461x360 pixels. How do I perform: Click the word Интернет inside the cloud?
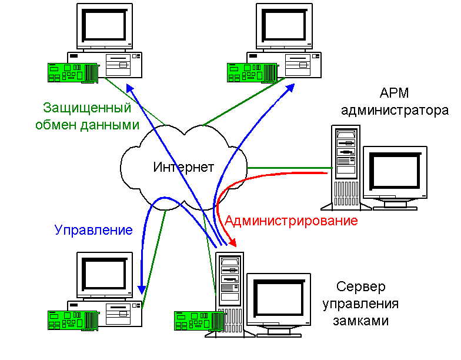coord(183,167)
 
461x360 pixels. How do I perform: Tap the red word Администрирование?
coord(291,220)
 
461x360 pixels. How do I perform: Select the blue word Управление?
coord(93,229)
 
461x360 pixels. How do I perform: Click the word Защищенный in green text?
coord(87,108)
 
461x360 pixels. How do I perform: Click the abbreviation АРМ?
coord(394,93)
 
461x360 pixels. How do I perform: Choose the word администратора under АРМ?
coord(395,111)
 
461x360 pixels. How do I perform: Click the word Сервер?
coord(361,286)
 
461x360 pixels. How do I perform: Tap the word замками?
coord(361,320)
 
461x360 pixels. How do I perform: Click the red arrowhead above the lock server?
coord(232,242)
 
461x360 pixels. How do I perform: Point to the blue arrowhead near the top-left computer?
coord(130,88)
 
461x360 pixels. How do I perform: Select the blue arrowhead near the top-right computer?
coord(290,88)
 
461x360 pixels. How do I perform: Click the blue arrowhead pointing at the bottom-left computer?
coord(142,289)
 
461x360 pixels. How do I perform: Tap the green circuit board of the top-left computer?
coord(73,73)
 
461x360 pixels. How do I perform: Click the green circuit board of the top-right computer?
coord(252,73)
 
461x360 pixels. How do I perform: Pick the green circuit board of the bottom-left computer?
coord(73,320)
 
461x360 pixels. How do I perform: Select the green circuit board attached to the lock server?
coord(200,321)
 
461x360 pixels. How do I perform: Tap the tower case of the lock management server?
coord(230,294)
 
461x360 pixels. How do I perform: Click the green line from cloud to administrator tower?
coord(289,168)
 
